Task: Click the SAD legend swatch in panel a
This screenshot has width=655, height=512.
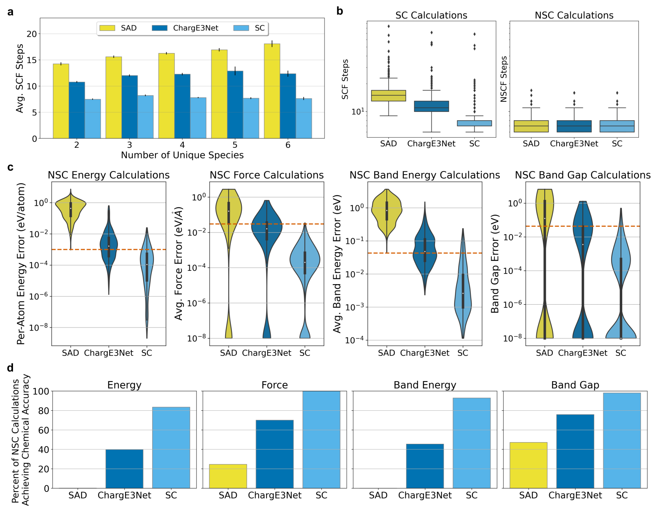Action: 107,28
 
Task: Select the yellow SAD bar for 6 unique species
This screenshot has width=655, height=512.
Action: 272,91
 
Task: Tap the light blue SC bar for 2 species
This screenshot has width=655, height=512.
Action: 93,119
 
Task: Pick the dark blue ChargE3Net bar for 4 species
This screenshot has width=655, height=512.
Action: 182,106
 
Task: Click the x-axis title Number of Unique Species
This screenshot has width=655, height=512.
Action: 182,155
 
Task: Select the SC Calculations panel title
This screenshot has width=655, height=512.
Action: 431,15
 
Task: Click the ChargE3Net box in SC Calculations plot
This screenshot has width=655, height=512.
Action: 431,106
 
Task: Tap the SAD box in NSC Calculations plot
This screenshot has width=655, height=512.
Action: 531,126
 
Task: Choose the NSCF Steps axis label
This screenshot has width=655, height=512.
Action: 504,79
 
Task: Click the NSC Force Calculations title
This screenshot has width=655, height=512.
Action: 267,175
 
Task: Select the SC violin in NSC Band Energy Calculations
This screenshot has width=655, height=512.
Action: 463,292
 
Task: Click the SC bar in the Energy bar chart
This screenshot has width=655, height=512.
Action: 171,447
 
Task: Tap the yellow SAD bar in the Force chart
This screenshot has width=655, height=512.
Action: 228,476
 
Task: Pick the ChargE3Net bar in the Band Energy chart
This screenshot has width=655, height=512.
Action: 425,466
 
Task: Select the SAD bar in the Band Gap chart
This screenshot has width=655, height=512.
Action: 528,465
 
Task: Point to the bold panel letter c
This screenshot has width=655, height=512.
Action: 10,168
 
